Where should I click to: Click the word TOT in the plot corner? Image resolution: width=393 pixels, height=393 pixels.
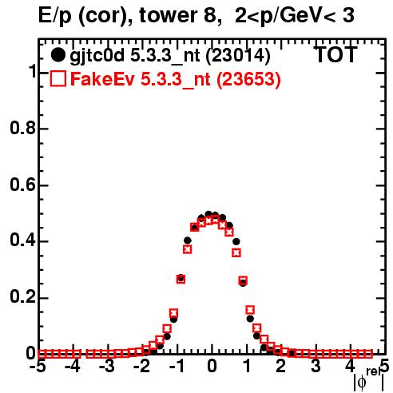[336, 54]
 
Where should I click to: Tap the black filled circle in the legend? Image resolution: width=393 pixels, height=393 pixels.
[58, 55]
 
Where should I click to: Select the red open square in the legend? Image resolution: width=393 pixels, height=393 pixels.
[58, 78]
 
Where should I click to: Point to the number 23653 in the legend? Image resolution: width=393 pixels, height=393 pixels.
[248, 79]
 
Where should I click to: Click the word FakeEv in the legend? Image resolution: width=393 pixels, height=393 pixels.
[102, 79]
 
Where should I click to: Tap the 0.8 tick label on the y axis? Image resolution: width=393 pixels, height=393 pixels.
[22, 129]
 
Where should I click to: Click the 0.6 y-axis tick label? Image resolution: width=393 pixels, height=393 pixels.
[22, 185]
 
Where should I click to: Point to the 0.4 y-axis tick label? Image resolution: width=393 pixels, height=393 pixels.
[22, 241]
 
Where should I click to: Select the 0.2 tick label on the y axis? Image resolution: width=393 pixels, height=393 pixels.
[22, 298]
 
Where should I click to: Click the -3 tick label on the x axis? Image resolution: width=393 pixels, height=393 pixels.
[107, 366]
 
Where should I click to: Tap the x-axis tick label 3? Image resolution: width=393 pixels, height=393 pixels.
[316, 366]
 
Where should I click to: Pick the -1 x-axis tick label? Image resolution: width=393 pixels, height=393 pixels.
[177, 366]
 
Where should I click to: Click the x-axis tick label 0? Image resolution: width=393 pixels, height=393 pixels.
[212, 366]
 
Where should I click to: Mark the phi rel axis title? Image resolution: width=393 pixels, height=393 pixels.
[369, 380]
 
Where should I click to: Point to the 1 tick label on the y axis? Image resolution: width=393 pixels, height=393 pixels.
[32, 72]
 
